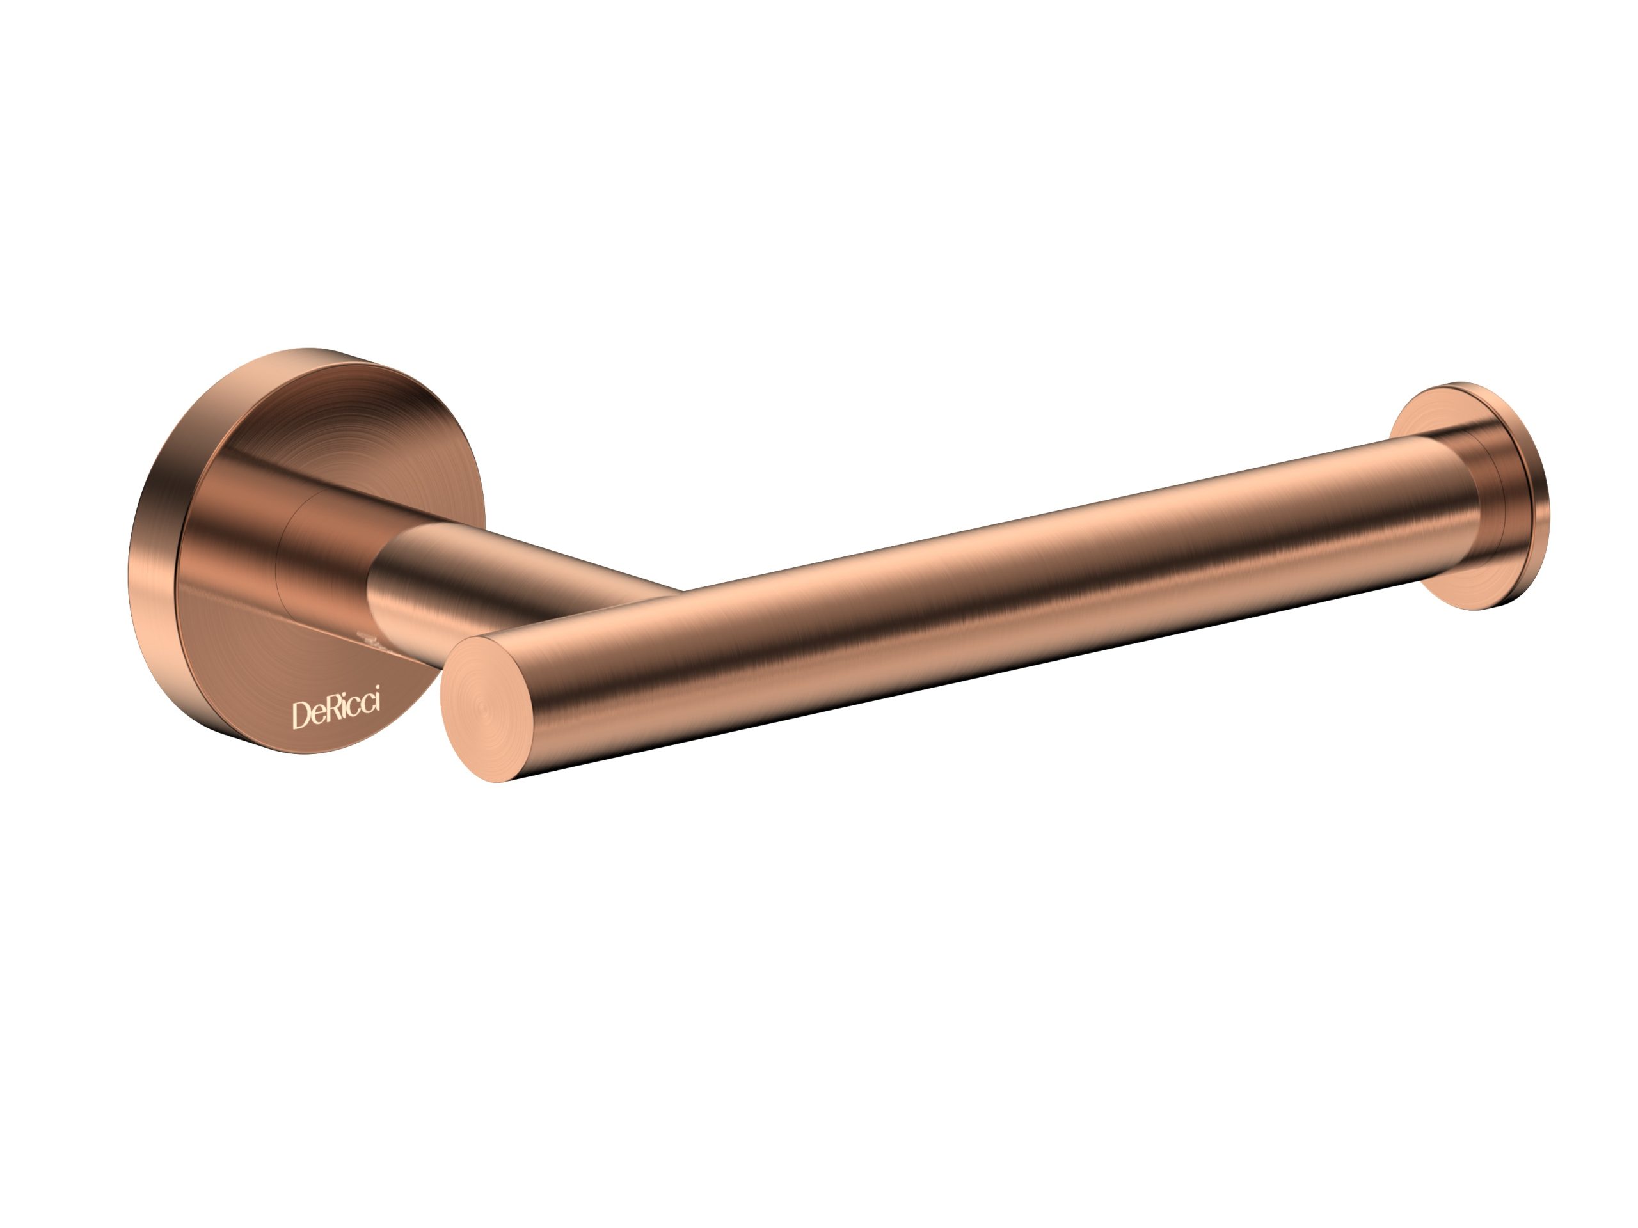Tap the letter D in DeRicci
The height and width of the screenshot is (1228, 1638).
point(301,716)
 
